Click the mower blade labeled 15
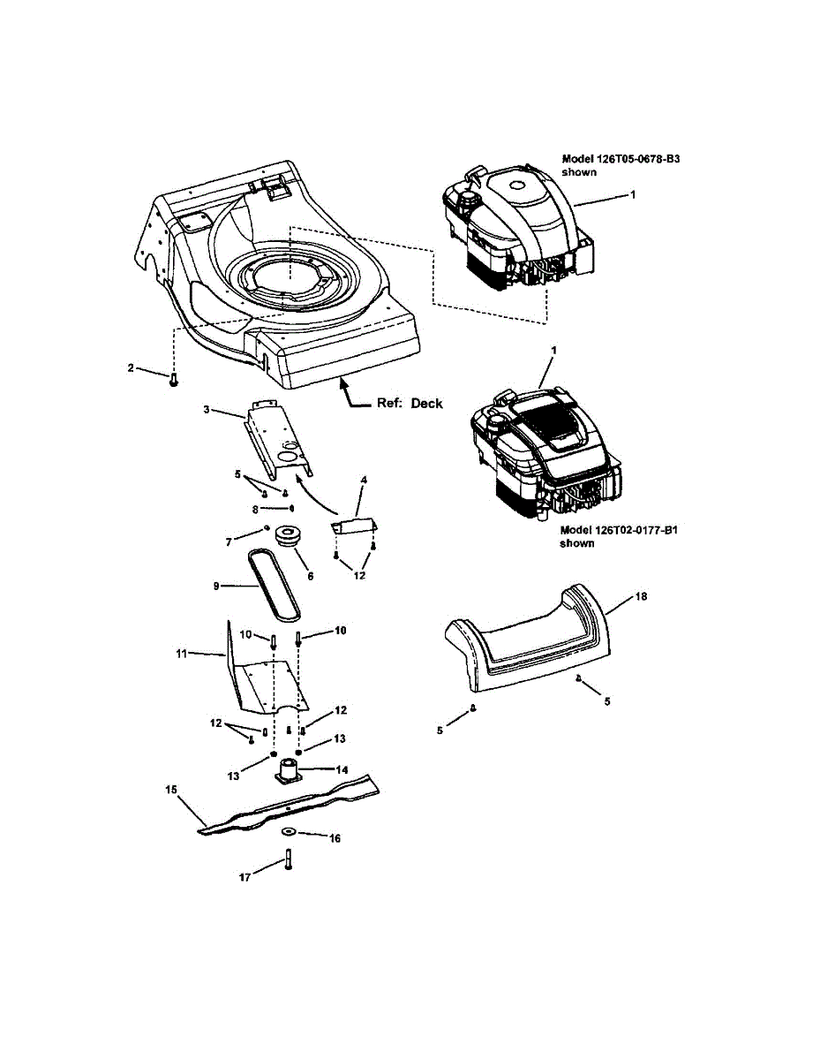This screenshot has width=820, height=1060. [291, 806]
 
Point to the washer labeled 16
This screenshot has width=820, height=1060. [288, 832]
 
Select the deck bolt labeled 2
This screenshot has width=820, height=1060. [174, 379]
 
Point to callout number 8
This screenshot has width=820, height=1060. [256, 510]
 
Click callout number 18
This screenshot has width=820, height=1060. [641, 597]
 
